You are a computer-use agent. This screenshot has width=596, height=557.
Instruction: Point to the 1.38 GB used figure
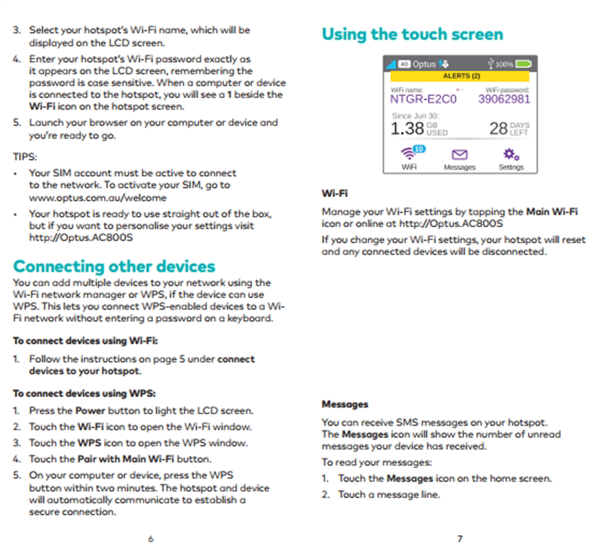tap(408, 128)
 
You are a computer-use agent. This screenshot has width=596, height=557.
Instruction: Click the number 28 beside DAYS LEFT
tap(498, 128)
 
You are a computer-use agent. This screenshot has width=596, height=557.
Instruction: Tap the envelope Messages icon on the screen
tap(459, 154)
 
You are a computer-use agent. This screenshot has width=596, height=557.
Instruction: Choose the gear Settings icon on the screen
tap(511, 153)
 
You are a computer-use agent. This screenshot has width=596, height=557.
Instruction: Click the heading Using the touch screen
tap(412, 34)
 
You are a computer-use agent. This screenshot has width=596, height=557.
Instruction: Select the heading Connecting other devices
tap(115, 266)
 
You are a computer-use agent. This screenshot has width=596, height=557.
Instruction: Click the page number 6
tap(150, 538)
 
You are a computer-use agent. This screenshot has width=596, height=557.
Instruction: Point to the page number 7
tap(459, 538)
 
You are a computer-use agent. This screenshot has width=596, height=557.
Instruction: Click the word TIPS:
tap(26, 158)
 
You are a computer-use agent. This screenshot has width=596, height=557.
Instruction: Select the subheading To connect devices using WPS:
tap(84, 393)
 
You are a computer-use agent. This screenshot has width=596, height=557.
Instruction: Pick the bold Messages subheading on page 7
tap(345, 405)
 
